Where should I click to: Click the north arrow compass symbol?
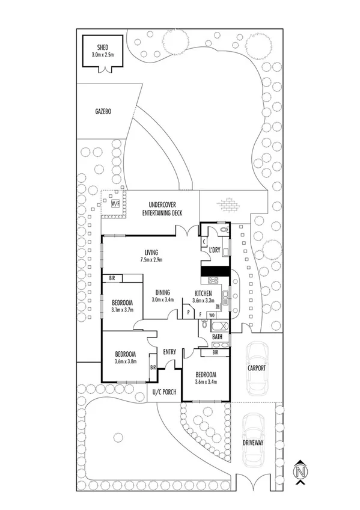pos(299,472)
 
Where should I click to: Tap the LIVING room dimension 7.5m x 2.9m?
pos(151,260)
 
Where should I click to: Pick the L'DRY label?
pos(215,249)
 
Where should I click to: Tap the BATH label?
pos(217,337)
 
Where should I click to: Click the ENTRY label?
pos(169,352)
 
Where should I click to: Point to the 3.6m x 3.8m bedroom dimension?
pos(125,361)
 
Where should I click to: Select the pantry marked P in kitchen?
pos(188,313)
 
